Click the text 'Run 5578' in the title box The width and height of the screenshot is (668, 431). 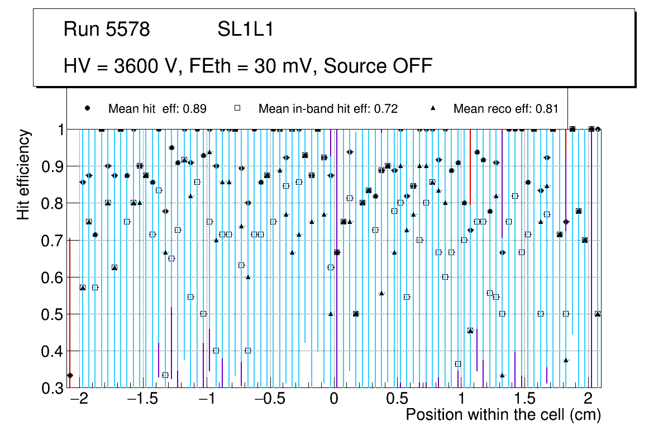click(x=107, y=30)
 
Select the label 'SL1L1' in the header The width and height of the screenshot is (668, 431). click(x=245, y=30)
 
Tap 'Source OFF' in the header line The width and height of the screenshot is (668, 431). click(x=378, y=66)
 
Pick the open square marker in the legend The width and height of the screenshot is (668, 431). click(x=237, y=108)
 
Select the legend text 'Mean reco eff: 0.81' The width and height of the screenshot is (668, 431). click(x=505, y=109)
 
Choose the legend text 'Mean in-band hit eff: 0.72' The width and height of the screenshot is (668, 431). click(x=328, y=109)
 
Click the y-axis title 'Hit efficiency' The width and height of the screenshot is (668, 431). click(x=23, y=174)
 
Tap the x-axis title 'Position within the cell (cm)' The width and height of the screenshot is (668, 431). click(x=503, y=415)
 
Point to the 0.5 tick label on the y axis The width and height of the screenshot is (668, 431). click(x=53, y=314)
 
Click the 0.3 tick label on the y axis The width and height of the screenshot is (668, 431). click(x=53, y=388)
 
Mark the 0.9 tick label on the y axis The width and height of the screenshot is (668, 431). click(x=53, y=166)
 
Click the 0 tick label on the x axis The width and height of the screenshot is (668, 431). click(x=334, y=400)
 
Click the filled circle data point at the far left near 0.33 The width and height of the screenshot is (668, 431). click(x=70, y=375)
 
